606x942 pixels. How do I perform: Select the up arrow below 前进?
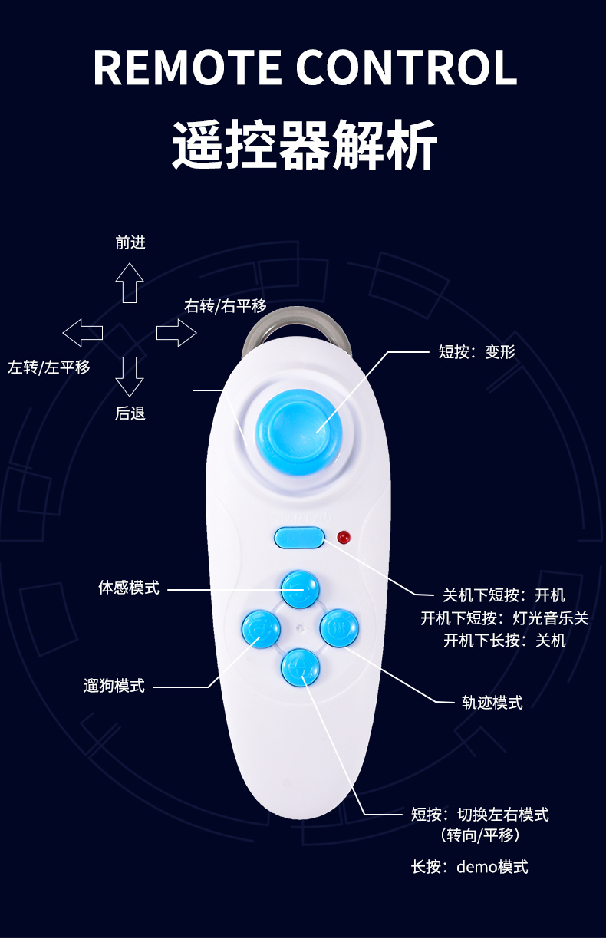point(130,282)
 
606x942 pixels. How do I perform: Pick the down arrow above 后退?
point(130,376)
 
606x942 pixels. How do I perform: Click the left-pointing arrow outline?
point(82,332)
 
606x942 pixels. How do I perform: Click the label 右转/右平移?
point(226,306)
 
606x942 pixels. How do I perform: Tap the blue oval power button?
point(299,537)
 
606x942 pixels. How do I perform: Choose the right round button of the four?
point(338,628)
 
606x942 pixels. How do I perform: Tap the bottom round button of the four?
point(300,667)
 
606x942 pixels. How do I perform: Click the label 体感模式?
point(129,588)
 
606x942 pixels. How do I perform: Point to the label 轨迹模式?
point(492,702)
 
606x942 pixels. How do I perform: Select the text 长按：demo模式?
point(469,867)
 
